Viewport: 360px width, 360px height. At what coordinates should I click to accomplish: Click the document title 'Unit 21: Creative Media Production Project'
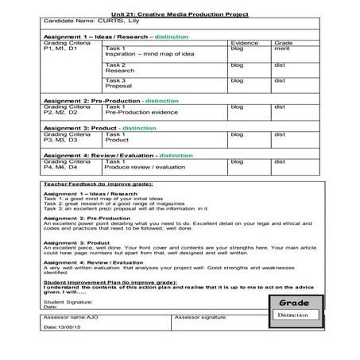(179, 14)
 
